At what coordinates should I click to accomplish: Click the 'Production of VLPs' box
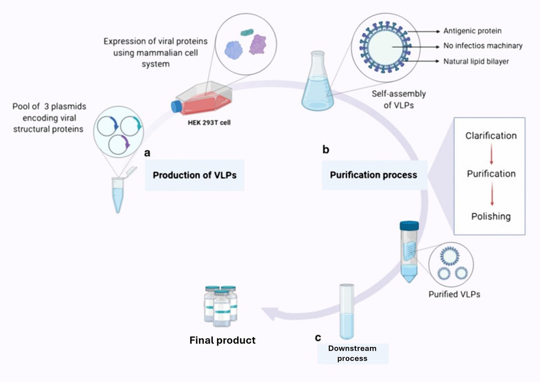(x=194, y=175)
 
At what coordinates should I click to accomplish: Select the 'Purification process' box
(x=373, y=175)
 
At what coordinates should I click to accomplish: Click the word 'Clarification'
(x=491, y=136)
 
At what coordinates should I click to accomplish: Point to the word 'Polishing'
(x=491, y=216)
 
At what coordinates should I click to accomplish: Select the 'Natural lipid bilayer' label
(x=475, y=62)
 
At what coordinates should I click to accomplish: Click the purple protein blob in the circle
(x=258, y=44)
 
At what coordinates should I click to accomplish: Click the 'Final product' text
(x=222, y=340)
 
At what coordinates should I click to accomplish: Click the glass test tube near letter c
(x=346, y=312)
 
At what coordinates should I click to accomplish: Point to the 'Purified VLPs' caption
(x=454, y=294)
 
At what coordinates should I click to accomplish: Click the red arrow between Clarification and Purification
(x=491, y=155)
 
